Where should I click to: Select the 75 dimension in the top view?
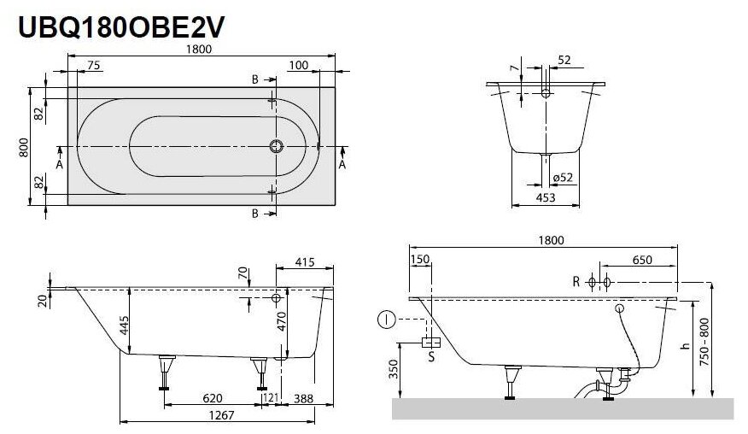[x=94, y=66]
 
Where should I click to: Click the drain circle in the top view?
[x=276, y=146]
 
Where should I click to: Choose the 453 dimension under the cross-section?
[x=546, y=197]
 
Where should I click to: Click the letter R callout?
[x=576, y=281]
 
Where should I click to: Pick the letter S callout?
[x=431, y=357]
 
